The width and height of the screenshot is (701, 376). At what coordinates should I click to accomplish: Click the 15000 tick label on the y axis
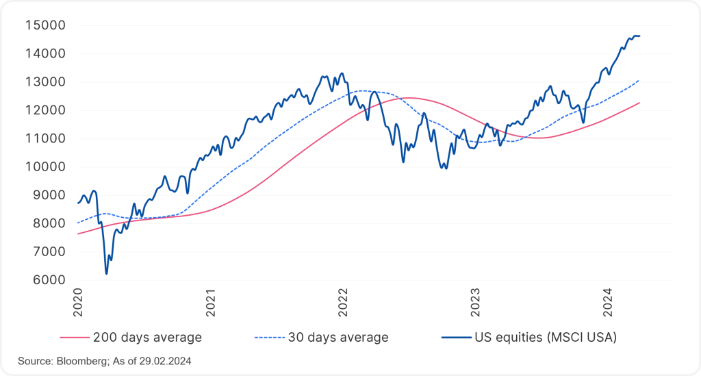(x=45, y=25)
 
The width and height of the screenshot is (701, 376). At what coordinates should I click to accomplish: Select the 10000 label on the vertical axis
(x=45, y=166)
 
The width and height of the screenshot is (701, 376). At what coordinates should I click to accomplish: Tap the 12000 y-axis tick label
(x=45, y=110)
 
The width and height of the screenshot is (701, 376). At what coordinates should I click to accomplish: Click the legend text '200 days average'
(x=147, y=337)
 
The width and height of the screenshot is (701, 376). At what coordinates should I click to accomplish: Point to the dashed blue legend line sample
(x=268, y=338)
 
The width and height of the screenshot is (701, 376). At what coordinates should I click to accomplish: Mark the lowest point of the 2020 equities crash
(x=106, y=274)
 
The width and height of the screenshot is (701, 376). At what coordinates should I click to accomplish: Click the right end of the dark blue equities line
(x=639, y=36)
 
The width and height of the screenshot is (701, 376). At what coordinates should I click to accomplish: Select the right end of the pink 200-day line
(x=639, y=103)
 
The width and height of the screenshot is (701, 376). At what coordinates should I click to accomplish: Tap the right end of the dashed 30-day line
(x=639, y=80)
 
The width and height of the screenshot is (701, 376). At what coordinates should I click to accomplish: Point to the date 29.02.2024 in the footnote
(x=164, y=360)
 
